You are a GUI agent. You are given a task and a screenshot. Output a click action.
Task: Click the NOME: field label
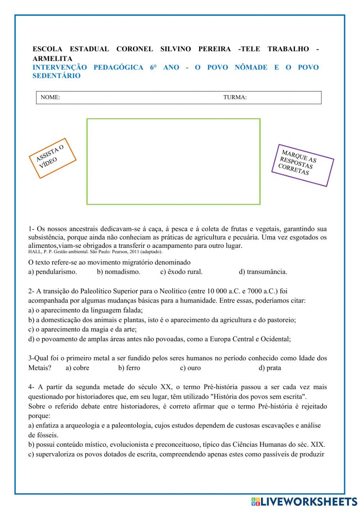pos(50,97)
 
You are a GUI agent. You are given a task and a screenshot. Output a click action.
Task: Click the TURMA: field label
pos(235,97)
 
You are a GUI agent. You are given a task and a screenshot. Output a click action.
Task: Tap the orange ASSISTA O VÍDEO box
pos(53,158)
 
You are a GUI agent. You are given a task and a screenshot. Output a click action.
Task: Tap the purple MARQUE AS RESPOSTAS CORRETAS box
pos(302,165)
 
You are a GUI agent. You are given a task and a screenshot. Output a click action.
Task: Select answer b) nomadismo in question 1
pos(118,272)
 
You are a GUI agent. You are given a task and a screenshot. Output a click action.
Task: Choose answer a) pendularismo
pos(53,272)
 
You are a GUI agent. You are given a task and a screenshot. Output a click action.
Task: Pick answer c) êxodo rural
pos(181,272)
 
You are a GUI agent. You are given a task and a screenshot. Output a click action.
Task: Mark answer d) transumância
pos(263,272)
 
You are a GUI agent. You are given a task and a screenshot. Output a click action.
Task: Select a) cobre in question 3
pos(77,368)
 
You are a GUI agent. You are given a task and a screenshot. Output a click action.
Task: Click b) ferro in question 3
pos(129,368)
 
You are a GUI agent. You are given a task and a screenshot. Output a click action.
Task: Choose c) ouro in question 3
pos(190,368)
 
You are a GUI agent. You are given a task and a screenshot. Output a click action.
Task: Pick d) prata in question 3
pos(270,368)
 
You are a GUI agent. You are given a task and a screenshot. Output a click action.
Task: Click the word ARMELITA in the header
pos(52,58)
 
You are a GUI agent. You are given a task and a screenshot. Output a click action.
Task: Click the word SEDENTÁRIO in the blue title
pos(57,76)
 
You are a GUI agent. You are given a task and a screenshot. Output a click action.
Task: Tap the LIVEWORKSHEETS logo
pos(304,501)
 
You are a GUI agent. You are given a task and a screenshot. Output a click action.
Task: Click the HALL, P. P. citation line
pos(95,252)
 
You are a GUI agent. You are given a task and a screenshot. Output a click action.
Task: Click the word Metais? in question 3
pos(40,368)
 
